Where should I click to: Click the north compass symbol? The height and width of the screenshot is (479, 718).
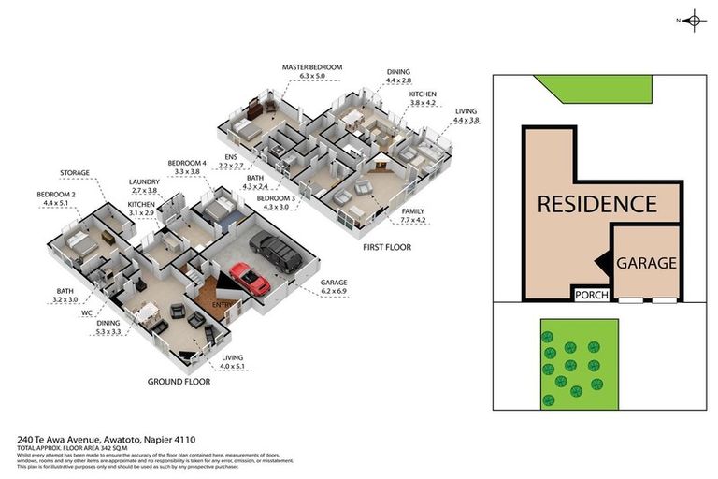[693, 20]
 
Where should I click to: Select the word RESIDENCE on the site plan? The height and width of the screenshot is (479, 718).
[596, 203]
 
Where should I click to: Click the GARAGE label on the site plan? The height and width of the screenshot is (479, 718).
[645, 263]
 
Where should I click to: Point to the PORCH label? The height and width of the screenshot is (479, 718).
[591, 296]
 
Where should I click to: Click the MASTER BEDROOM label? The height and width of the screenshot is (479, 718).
[312, 68]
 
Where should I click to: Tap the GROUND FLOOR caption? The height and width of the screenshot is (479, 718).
[178, 382]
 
